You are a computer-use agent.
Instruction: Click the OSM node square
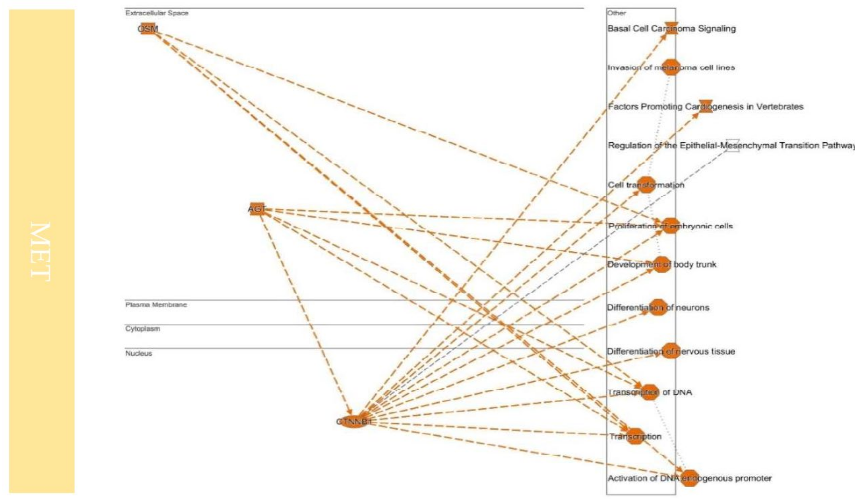tap(148, 28)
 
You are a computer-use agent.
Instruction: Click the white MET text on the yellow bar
tap(41, 251)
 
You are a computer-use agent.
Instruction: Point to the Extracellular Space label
tap(157, 13)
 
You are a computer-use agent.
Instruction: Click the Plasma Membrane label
tap(156, 305)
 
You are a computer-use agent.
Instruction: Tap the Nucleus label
tap(139, 353)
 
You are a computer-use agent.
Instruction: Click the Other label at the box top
tap(616, 13)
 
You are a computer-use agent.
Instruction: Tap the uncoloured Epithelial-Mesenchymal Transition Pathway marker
tap(732, 145)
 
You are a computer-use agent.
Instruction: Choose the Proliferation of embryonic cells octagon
tap(670, 226)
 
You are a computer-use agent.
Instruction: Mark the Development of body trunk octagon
tap(662, 264)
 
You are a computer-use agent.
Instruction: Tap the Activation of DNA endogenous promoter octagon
tap(690, 478)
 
